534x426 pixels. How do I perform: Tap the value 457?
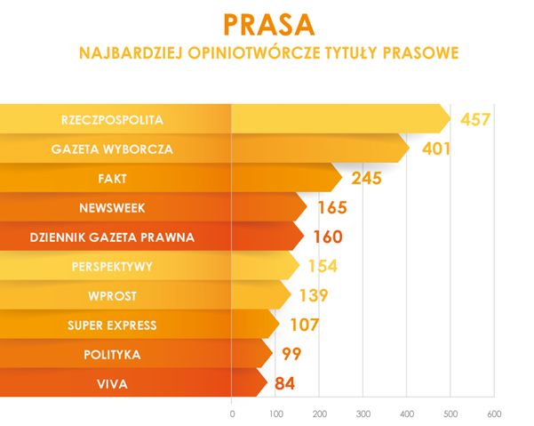475,120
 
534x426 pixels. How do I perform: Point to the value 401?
435,149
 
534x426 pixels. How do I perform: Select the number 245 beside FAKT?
366,179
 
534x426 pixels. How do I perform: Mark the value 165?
331,208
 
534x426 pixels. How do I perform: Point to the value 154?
323,267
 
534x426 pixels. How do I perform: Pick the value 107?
304,326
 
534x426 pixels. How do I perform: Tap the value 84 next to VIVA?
284,384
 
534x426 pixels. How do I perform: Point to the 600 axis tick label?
494,414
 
